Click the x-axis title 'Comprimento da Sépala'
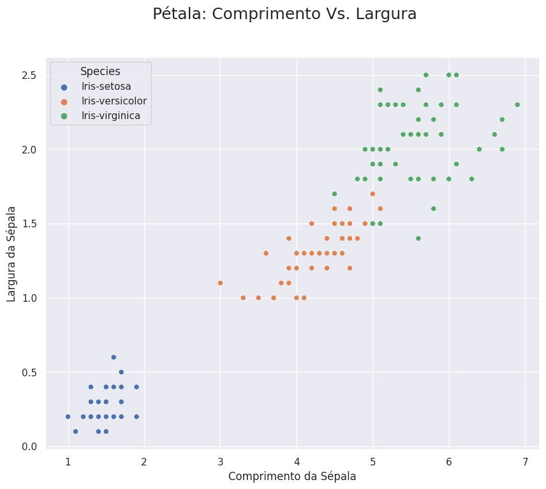[292, 476]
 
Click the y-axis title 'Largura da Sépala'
[11, 253]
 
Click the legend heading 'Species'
[100, 71]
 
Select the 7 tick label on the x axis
[526, 461]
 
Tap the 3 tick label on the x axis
[221, 461]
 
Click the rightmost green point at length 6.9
[517, 104]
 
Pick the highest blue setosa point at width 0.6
[114, 357]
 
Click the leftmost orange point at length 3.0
[220, 283]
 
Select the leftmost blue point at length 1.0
[68, 416]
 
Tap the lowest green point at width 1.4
[418, 238]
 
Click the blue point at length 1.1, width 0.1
[75, 431]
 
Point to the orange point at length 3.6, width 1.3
[266, 253]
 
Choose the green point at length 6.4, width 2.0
[479, 149]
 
